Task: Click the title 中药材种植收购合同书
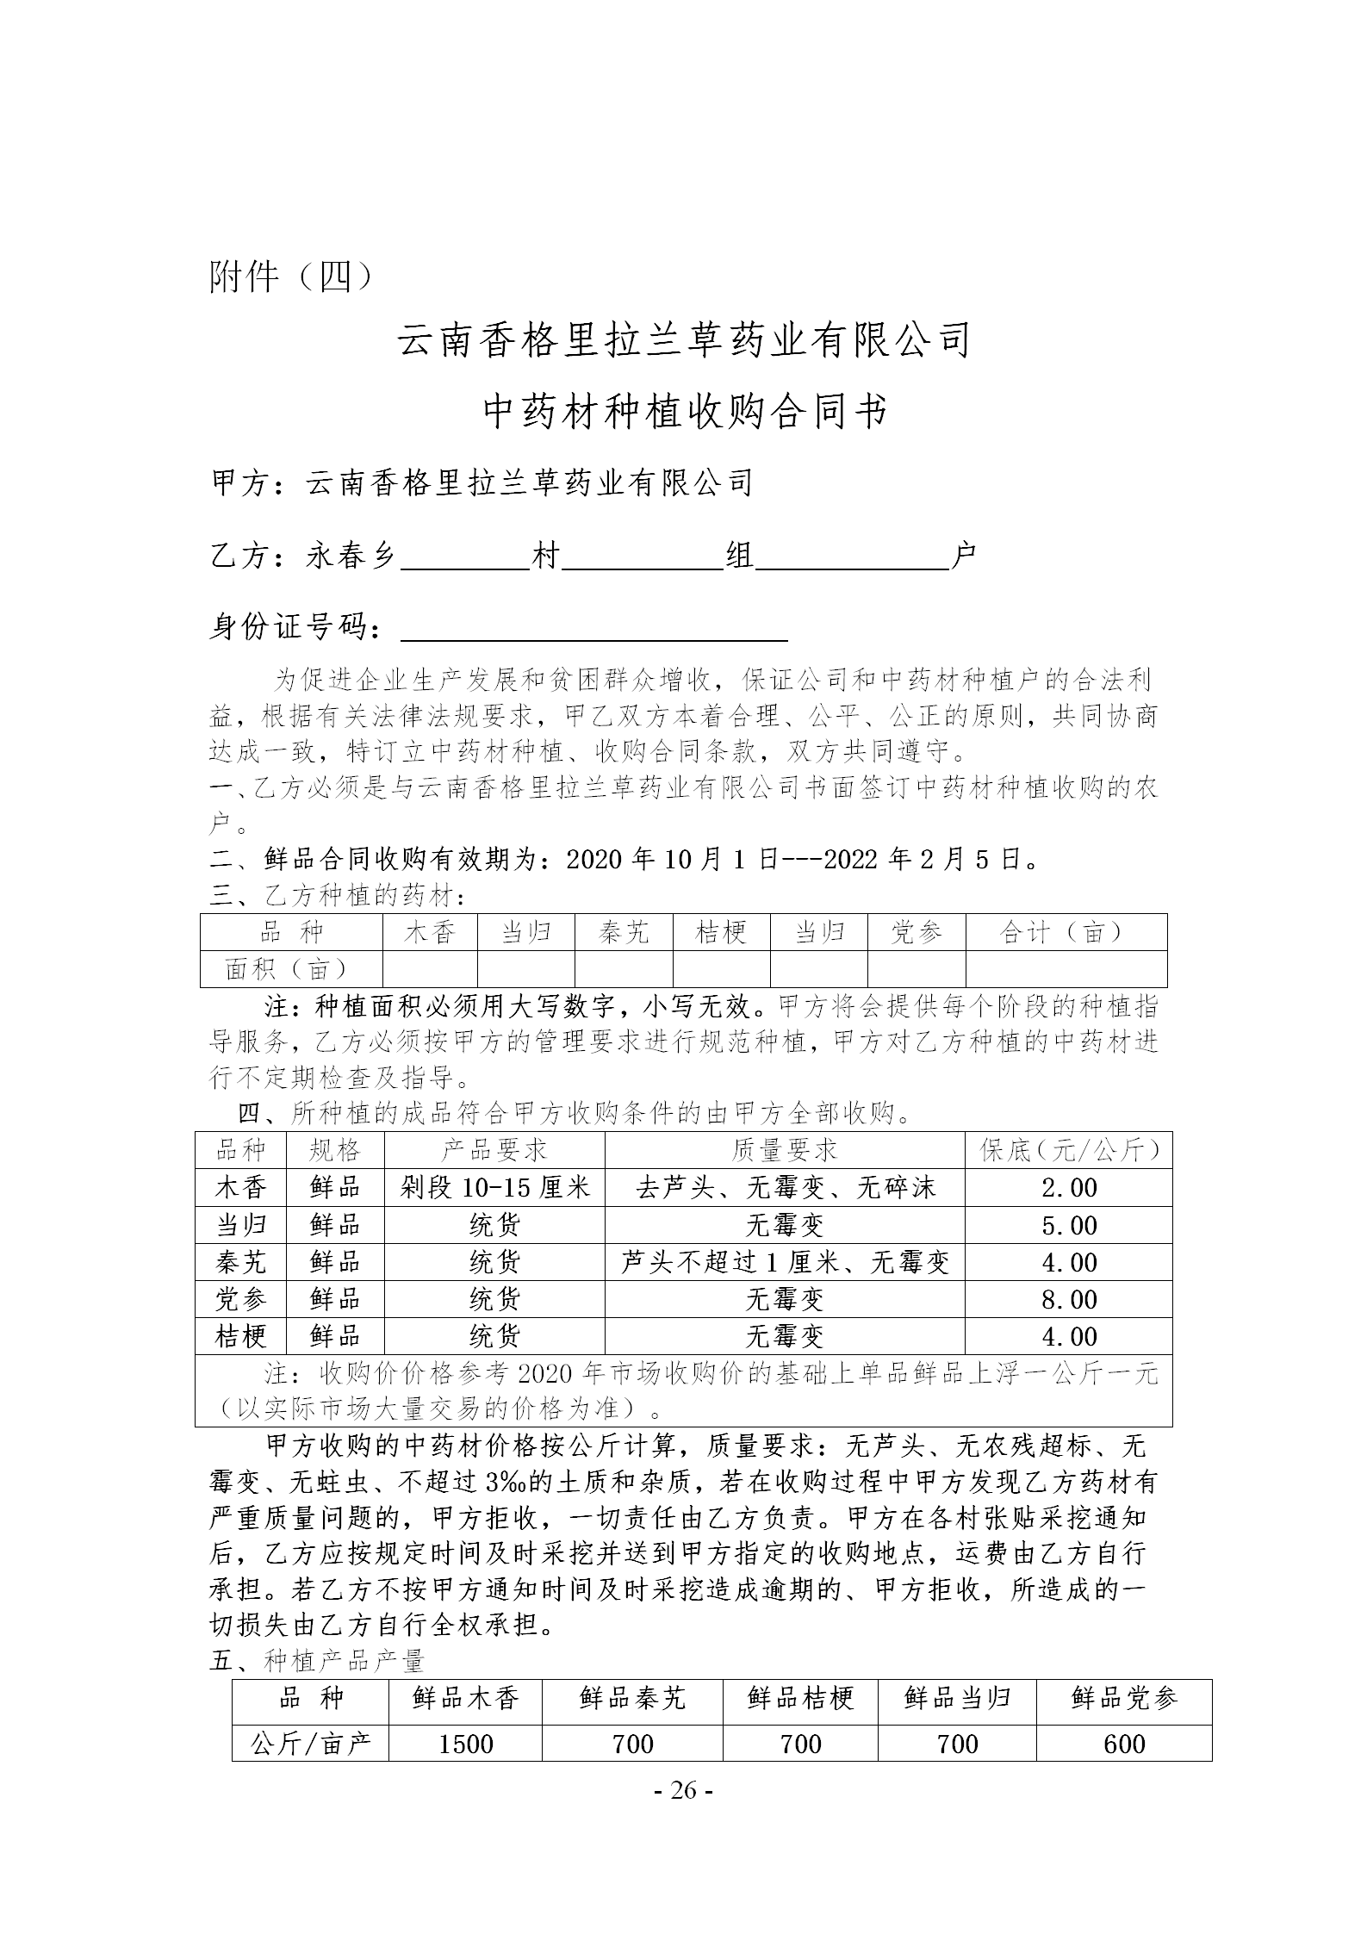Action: coord(684,411)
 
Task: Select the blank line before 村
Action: coord(465,558)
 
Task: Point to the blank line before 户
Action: coord(851,558)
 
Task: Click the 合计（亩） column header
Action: coord(1066,932)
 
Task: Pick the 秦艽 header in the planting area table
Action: coord(623,932)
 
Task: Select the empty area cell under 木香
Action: coord(429,969)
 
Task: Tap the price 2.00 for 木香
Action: coord(1068,1188)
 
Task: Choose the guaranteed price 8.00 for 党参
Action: coord(1068,1299)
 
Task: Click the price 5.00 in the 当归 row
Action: coord(1068,1225)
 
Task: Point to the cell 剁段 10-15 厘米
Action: coord(494,1188)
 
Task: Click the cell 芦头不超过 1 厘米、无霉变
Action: coord(784,1262)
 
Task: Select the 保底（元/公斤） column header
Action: coord(1068,1150)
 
